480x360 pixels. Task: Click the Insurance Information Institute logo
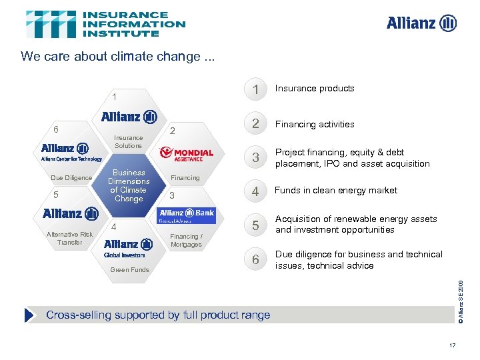[105, 24]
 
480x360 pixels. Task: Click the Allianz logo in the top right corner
[421, 23]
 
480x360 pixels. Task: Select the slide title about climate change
[118, 56]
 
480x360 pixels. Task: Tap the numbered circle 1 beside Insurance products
[254, 90]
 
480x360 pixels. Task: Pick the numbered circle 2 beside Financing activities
[254, 124]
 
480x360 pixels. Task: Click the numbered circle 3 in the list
[254, 158]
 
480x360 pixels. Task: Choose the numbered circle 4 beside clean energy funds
[254, 191]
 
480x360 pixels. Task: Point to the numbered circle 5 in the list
[254, 225]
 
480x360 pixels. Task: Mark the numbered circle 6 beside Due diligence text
[254, 260]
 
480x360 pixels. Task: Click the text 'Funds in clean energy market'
[336, 191]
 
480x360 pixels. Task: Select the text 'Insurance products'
[315, 89]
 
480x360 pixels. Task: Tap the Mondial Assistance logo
[187, 155]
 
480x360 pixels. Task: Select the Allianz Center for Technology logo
[71, 151]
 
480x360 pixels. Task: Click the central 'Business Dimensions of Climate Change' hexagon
[129, 185]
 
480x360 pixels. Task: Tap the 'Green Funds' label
[129, 270]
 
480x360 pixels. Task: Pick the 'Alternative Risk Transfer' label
[70, 238]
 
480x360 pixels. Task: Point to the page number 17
[453, 345]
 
